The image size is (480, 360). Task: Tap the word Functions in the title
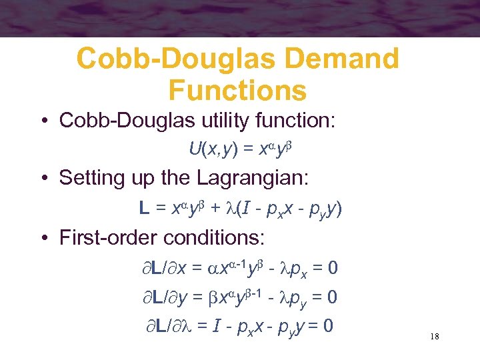pyautogui.click(x=238, y=90)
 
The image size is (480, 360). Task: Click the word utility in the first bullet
pyautogui.click(x=225, y=121)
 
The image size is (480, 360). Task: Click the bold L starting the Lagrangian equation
pyautogui.click(x=144, y=209)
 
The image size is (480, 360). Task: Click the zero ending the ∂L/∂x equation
pyautogui.click(x=332, y=268)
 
